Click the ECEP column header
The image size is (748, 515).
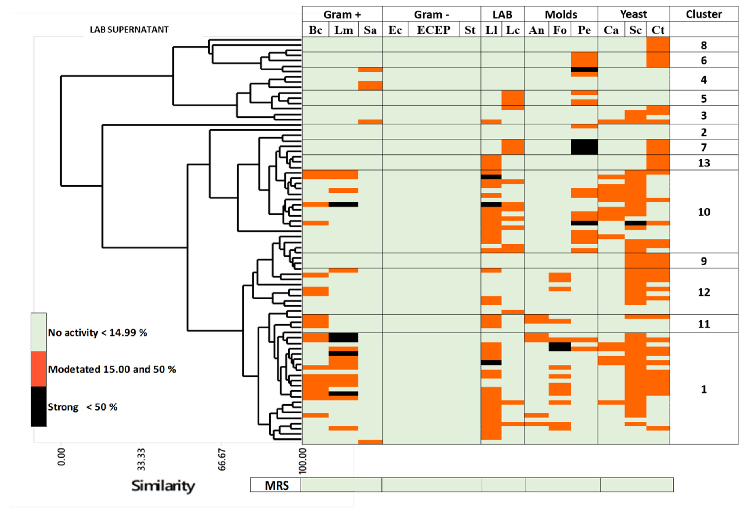coord(433,30)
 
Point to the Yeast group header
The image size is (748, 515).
coord(633,14)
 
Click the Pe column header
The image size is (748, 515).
coord(584,30)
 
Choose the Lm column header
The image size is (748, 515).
coord(343,30)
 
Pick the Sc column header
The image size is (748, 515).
coord(635,30)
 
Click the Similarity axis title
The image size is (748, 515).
coord(163,486)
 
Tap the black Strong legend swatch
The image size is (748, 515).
coord(38,406)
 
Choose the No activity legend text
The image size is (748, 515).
coord(97,333)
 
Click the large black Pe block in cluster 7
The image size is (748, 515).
coord(584,147)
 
